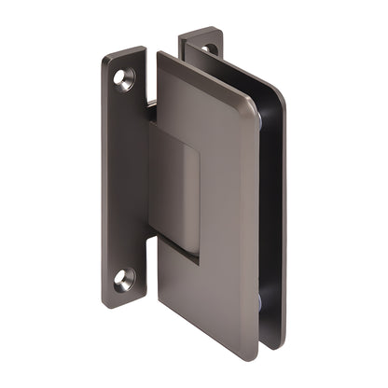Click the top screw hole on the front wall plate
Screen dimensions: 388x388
pyautogui.click(x=124, y=79)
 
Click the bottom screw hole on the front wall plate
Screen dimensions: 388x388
pyautogui.click(x=123, y=278)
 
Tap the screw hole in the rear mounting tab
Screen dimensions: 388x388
pyautogui.click(x=209, y=49)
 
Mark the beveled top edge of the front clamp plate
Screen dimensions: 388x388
pyautogui.click(x=205, y=80)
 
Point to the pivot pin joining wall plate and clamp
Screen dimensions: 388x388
pyautogui.click(x=150, y=106)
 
